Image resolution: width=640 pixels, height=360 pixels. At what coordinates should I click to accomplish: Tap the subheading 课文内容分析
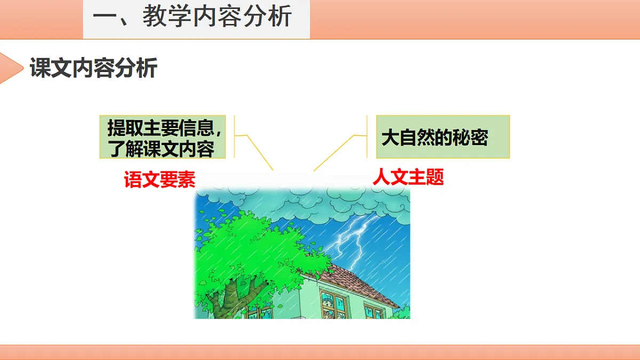tap(93, 69)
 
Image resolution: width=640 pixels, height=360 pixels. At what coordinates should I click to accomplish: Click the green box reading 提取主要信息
tap(163, 137)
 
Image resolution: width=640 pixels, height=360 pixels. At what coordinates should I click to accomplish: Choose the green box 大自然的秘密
tap(443, 137)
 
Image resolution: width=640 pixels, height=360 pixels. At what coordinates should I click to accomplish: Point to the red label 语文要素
tap(159, 180)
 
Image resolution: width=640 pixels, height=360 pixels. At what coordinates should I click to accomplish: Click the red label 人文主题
tap(408, 177)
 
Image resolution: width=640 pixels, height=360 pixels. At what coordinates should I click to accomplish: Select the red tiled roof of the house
tap(357, 280)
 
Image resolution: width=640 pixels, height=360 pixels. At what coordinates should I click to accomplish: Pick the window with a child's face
tap(332, 304)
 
